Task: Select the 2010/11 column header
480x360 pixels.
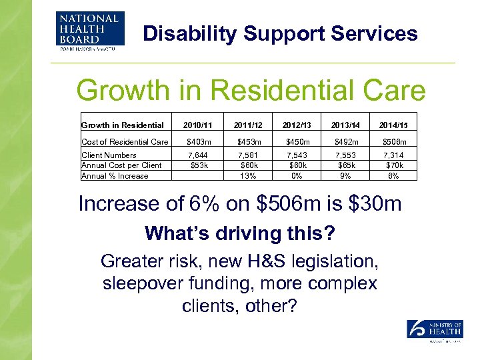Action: point(197,125)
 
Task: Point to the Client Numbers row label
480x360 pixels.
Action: point(109,155)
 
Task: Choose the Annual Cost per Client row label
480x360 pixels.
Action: point(121,165)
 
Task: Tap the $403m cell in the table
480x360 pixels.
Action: point(197,141)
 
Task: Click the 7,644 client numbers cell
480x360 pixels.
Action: point(197,155)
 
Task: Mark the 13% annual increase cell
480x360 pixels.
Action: point(248,176)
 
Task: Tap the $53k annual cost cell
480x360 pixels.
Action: point(197,165)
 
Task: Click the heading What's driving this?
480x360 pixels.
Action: point(239,233)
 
